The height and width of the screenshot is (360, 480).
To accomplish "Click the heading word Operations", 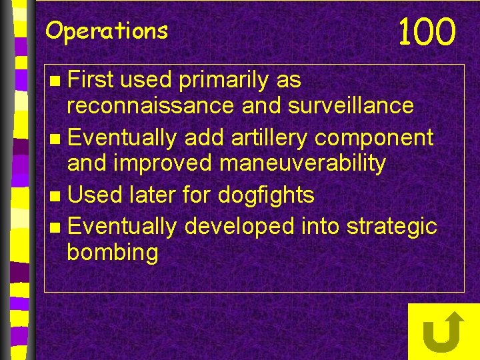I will pyautogui.click(x=107, y=31).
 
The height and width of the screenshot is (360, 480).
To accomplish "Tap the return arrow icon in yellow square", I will pyautogui.click(x=443, y=331).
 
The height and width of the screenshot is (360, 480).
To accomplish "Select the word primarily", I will pyautogui.click(x=224, y=81).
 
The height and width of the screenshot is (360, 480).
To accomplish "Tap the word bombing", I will pyautogui.click(x=113, y=253).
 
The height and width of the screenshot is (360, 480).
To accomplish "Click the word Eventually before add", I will pyautogui.click(x=122, y=138).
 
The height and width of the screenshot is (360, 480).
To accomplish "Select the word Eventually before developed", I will pyautogui.click(x=122, y=227).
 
